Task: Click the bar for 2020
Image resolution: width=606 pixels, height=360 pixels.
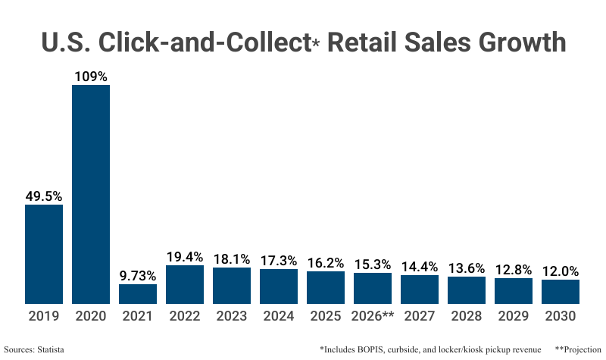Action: pyautogui.click(x=91, y=194)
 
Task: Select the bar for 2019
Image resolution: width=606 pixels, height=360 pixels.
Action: pyautogui.click(x=44, y=254)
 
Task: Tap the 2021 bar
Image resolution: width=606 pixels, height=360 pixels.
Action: pyautogui.click(x=138, y=294)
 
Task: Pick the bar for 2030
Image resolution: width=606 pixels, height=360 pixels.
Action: pyautogui.click(x=561, y=292)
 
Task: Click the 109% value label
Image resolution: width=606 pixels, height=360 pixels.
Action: pyautogui.click(x=91, y=76)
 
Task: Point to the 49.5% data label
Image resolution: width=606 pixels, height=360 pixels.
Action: pyautogui.click(x=44, y=196)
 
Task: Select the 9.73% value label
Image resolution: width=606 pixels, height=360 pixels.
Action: pyautogui.click(x=138, y=275)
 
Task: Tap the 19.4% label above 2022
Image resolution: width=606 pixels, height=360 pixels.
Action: pyautogui.click(x=185, y=256)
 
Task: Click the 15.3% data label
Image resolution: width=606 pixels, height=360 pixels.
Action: pyautogui.click(x=373, y=264)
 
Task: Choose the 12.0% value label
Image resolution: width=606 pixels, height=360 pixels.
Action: pyautogui.click(x=561, y=271)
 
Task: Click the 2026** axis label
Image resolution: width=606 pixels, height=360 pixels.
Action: pyautogui.click(x=373, y=316)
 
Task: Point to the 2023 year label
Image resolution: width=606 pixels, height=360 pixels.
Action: pyautogui.click(x=232, y=316)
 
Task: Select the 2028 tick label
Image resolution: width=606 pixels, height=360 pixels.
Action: pyautogui.click(x=467, y=316)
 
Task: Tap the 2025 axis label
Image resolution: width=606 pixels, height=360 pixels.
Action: pyautogui.click(x=326, y=316)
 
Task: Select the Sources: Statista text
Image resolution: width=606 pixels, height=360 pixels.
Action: pyautogui.click(x=33, y=349)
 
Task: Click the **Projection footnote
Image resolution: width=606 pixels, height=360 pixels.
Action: pyautogui.click(x=579, y=349)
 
